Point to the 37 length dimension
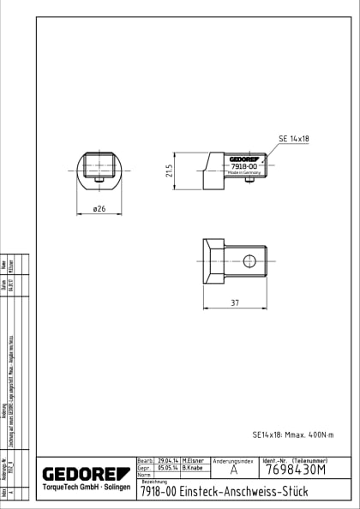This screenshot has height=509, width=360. click(x=235, y=303)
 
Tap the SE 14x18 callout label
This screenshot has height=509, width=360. click(x=294, y=138)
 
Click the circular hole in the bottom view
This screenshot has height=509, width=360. click(x=249, y=260)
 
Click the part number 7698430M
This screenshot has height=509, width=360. click(x=296, y=470)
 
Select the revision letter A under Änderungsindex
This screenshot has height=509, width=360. click(x=233, y=470)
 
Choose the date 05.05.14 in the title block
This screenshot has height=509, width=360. click(x=168, y=469)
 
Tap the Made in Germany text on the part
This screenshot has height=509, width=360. click(x=243, y=172)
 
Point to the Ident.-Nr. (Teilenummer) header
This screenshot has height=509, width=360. click(x=296, y=461)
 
